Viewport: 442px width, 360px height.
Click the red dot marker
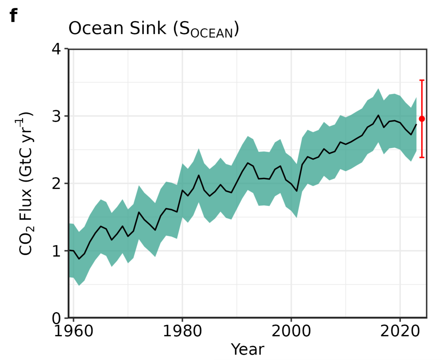(422, 119)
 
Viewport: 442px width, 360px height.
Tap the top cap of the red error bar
(422, 80)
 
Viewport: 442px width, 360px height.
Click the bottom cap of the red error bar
(422, 157)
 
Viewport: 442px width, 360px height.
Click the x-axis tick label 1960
(73, 331)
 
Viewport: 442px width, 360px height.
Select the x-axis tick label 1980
(182, 331)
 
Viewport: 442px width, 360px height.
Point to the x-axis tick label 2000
(291, 331)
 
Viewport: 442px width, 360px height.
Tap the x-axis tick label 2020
(400, 331)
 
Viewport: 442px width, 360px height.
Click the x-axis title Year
(248, 350)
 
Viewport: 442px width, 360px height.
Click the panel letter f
(13, 16)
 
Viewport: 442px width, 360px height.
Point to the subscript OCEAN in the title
(212, 33)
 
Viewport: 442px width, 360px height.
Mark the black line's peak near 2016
(378, 115)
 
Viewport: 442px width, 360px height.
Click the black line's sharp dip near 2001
(297, 191)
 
